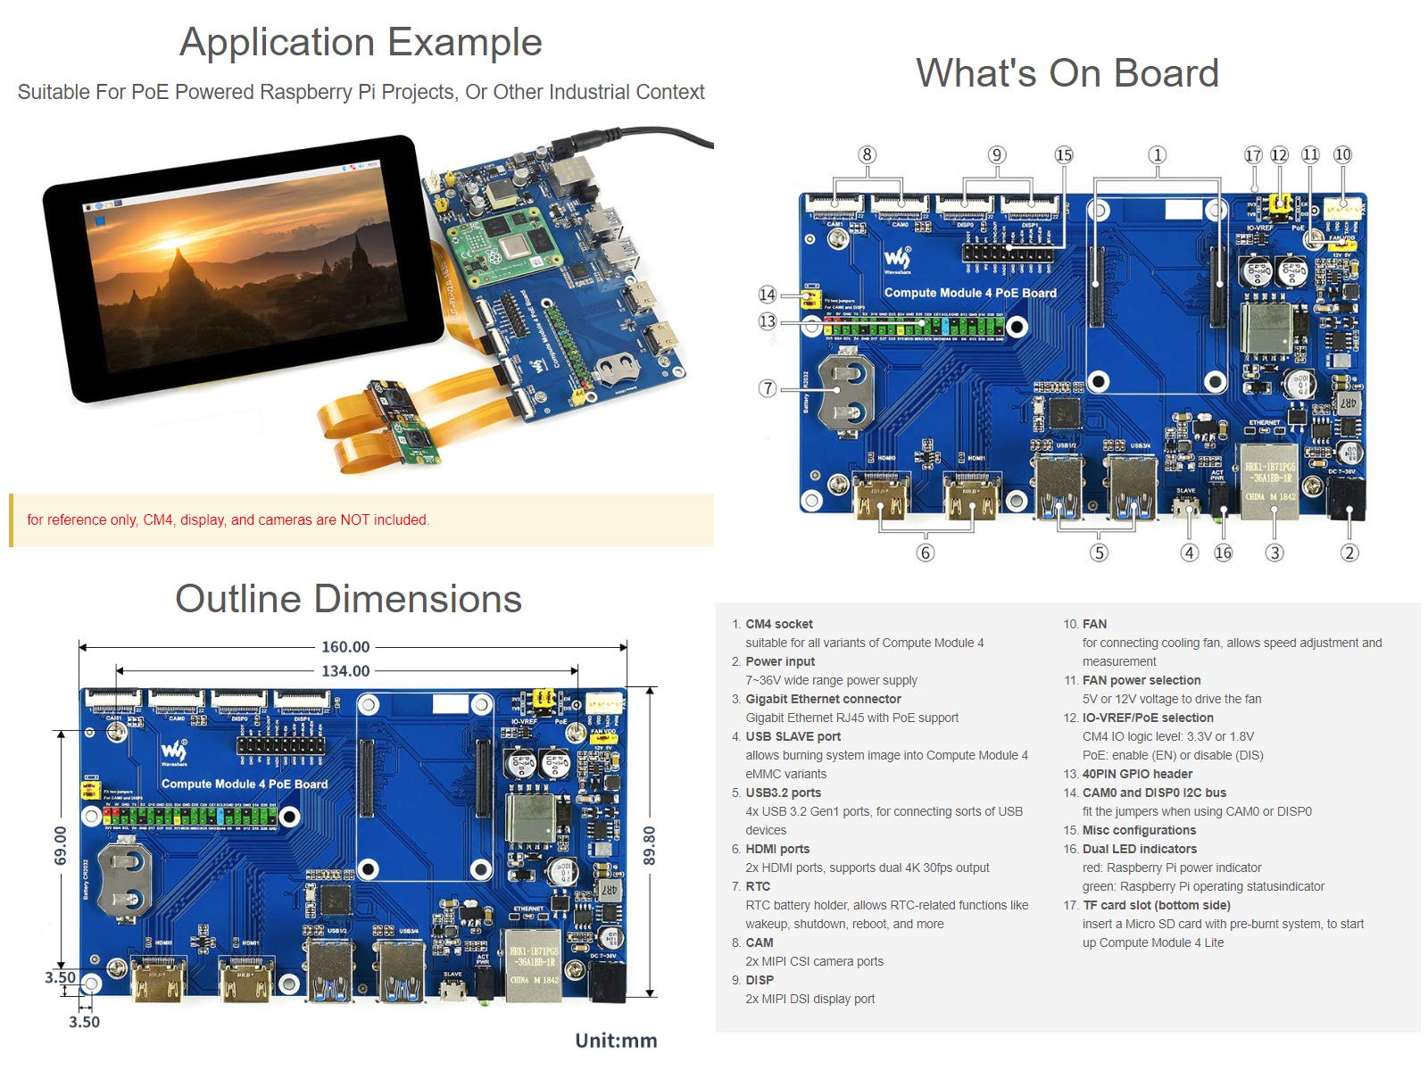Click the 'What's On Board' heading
[1067, 73]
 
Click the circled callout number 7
[768, 388]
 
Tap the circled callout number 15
[1064, 154]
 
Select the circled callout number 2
[1349, 552]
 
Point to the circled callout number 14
[768, 295]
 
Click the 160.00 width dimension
[345, 647]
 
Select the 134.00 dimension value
[345, 670]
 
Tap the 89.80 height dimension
[650, 845]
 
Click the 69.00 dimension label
[60, 845]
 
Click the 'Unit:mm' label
[616, 1040]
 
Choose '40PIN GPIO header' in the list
[1136, 774]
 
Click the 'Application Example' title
[361, 42]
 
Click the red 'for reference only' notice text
[228, 519]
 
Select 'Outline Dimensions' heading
[348, 599]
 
